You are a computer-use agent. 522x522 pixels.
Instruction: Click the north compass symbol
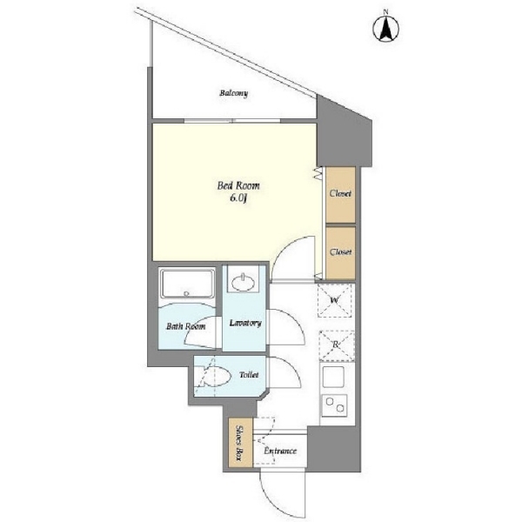385,29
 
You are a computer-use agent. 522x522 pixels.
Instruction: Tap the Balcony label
234,93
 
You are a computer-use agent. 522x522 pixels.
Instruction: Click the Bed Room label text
238,185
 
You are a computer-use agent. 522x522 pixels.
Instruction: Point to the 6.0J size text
238,198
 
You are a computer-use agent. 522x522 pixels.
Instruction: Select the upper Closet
340,195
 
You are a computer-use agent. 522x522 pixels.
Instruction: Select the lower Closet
340,253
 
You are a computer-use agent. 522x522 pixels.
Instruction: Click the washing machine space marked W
335,300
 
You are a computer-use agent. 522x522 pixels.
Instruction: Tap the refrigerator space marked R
337,346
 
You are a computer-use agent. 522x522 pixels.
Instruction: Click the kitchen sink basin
333,377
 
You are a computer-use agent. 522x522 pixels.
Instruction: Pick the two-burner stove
334,405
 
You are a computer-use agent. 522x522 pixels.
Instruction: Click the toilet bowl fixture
213,377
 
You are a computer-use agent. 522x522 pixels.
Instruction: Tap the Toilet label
249,375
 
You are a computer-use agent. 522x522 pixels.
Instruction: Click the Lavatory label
245,323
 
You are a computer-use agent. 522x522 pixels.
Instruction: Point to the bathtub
187,284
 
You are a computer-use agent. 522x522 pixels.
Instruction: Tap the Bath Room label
186,326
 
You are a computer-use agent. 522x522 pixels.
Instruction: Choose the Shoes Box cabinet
241,443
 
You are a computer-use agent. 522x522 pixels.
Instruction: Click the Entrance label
280,451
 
